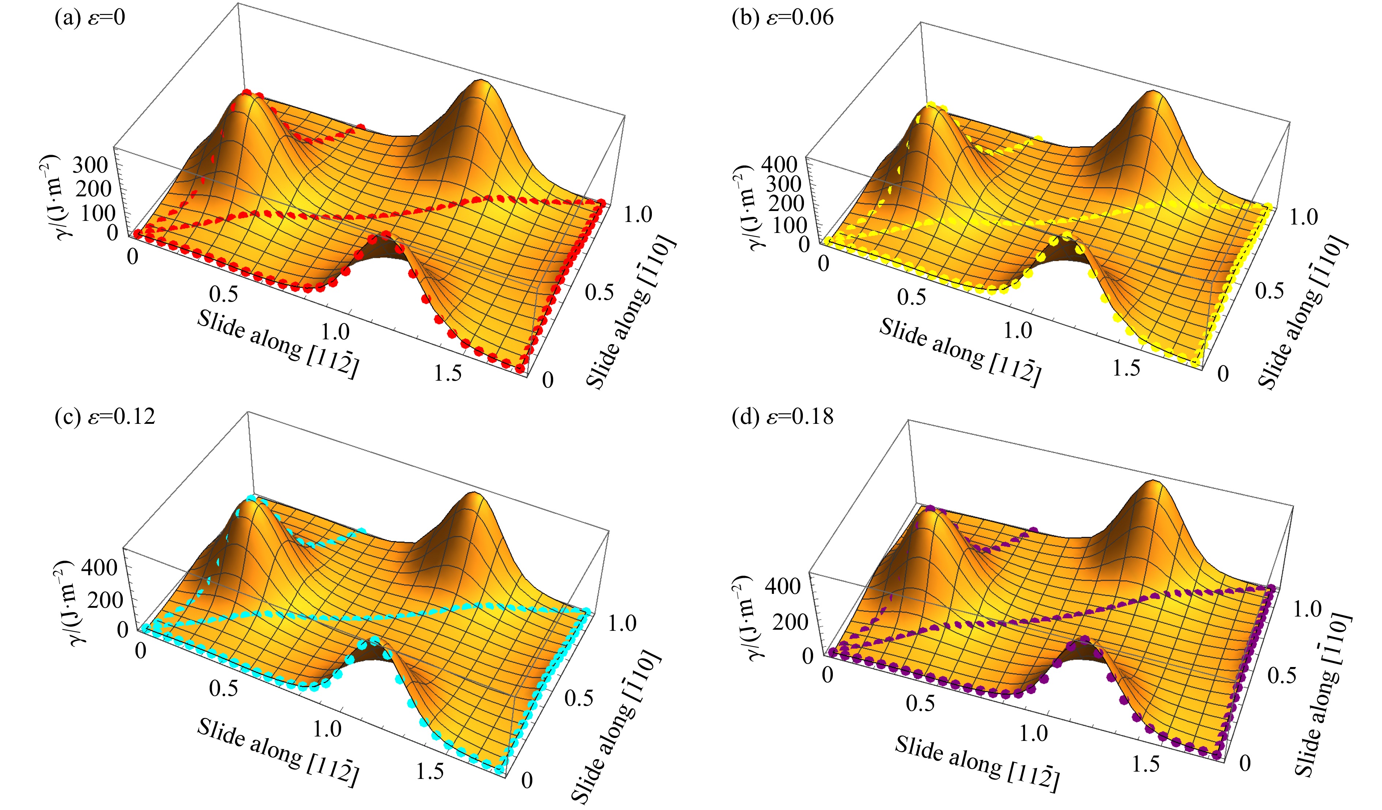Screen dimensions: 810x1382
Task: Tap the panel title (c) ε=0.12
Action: (105, 416)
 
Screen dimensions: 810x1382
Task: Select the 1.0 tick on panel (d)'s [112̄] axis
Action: (1034, 733)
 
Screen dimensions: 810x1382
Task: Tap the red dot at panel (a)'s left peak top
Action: (247, 93)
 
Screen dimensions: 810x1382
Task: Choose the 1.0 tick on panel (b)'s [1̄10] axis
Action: (1304, 217)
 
